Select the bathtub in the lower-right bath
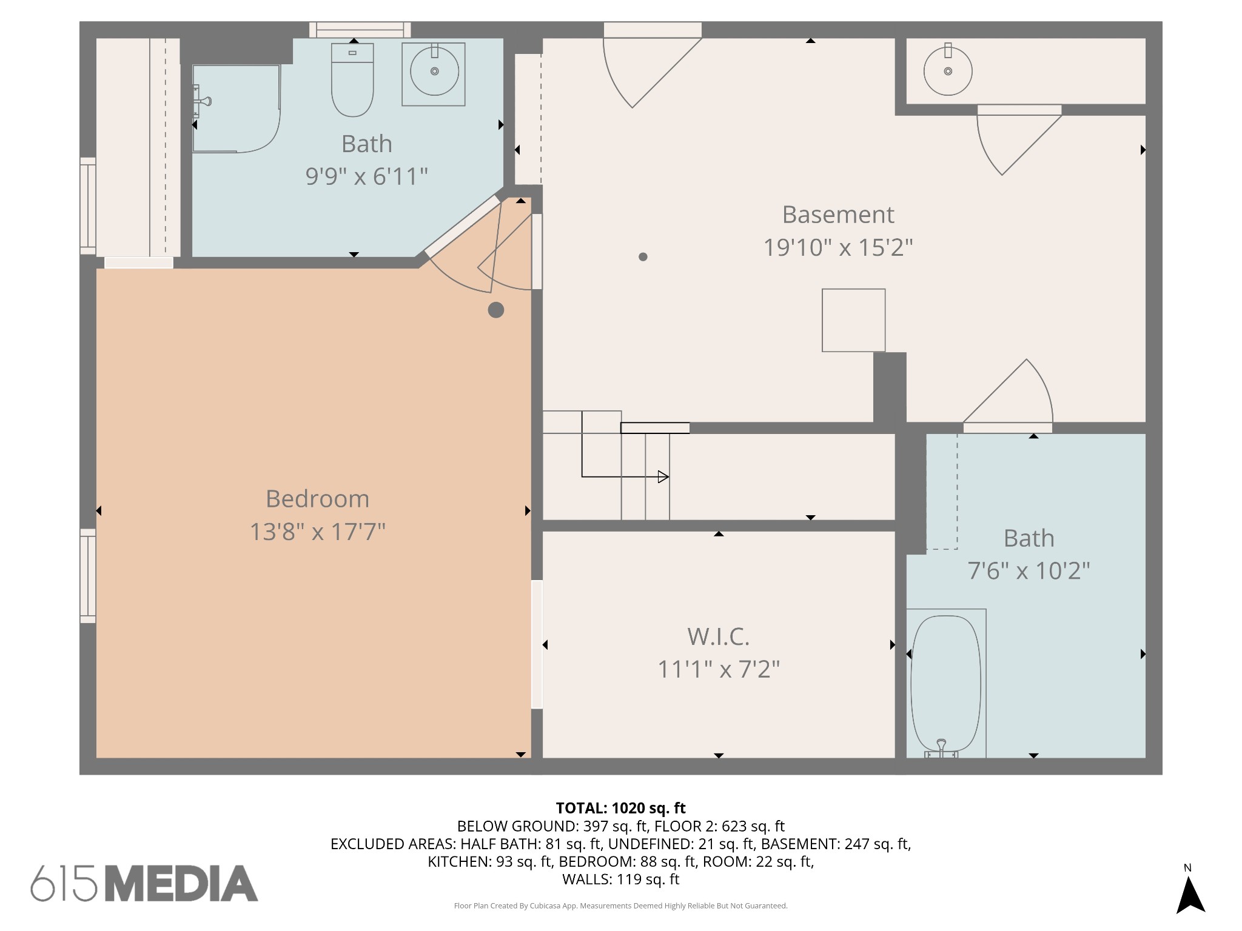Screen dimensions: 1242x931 click(946, 684)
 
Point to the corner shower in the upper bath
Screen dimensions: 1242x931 click(236, 108)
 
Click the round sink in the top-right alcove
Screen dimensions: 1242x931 click(948, 70)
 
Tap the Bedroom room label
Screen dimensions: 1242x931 click(317, 499)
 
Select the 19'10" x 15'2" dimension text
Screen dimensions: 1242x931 click(838, 247)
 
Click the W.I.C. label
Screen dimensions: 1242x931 click(719, 636)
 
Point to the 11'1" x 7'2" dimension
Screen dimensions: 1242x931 click(719, 669)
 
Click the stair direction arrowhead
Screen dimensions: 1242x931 click(663, 477)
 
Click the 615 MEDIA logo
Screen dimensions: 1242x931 click(144, 883)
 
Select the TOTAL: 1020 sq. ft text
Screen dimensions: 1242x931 click(620, 808)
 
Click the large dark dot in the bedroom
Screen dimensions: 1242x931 click(496, 310)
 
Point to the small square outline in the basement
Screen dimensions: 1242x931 click(853, 320)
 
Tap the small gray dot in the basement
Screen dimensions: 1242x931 click(643, 256)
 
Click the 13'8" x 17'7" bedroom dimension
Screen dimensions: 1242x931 click(317, 532)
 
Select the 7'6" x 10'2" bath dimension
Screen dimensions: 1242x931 click(1029, 571)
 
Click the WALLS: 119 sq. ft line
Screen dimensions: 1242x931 click(620, 879)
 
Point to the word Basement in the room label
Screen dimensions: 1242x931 click(838, 215)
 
